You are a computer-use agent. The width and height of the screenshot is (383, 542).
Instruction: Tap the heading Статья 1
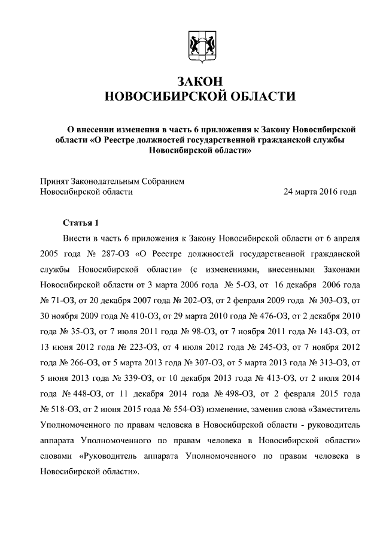click(x=81, y=223)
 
